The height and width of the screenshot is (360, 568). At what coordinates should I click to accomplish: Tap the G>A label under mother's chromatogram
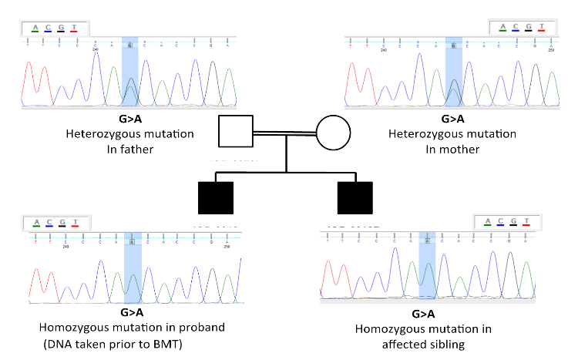(452, 119)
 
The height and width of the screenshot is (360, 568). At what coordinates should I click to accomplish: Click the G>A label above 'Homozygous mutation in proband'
(132, 313)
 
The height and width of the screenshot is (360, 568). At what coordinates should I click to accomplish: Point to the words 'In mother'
(452, 149)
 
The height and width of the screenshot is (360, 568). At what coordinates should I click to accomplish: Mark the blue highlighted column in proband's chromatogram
(133, 266)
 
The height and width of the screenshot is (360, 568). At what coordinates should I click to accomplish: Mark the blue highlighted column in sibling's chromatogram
(427, 266)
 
